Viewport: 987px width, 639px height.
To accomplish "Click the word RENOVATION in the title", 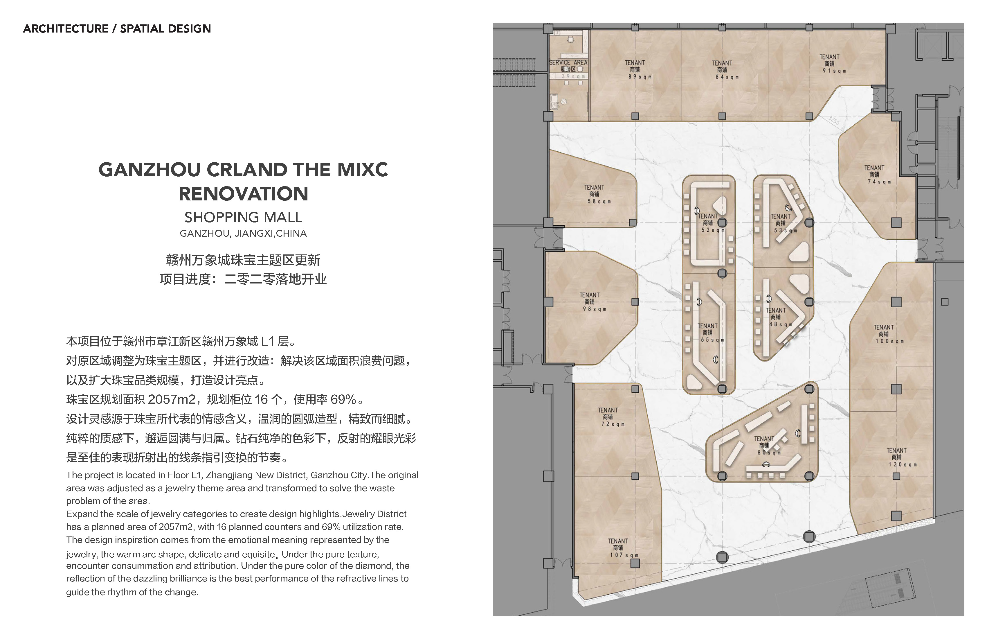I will point(244,194).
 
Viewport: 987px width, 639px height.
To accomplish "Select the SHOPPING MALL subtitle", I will point(244,217).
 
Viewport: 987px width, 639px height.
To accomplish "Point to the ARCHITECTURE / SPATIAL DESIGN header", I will point(117,29).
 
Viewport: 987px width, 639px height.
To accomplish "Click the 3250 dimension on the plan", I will point(833,121).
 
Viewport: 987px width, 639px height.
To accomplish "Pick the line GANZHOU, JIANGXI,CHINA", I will point(244,234).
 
